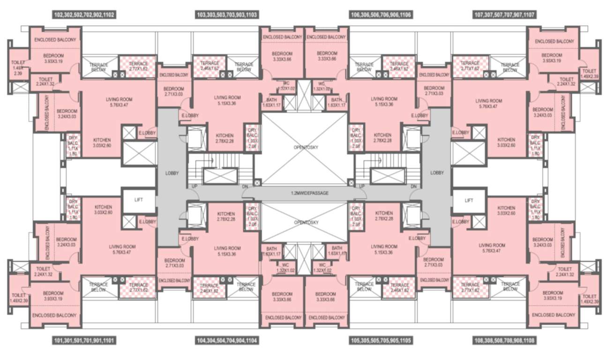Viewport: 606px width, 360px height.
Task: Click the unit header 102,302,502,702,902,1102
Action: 84,15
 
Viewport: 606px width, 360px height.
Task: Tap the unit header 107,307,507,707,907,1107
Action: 505,15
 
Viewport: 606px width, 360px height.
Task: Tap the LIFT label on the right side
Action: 468,200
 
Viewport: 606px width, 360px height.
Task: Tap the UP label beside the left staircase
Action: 194,187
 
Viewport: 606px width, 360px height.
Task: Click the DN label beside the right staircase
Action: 413,187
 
